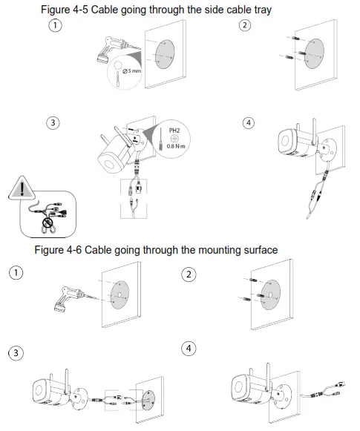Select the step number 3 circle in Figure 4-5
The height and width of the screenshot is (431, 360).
pos(53,123)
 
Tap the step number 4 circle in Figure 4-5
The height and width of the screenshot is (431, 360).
pos(249,123)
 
